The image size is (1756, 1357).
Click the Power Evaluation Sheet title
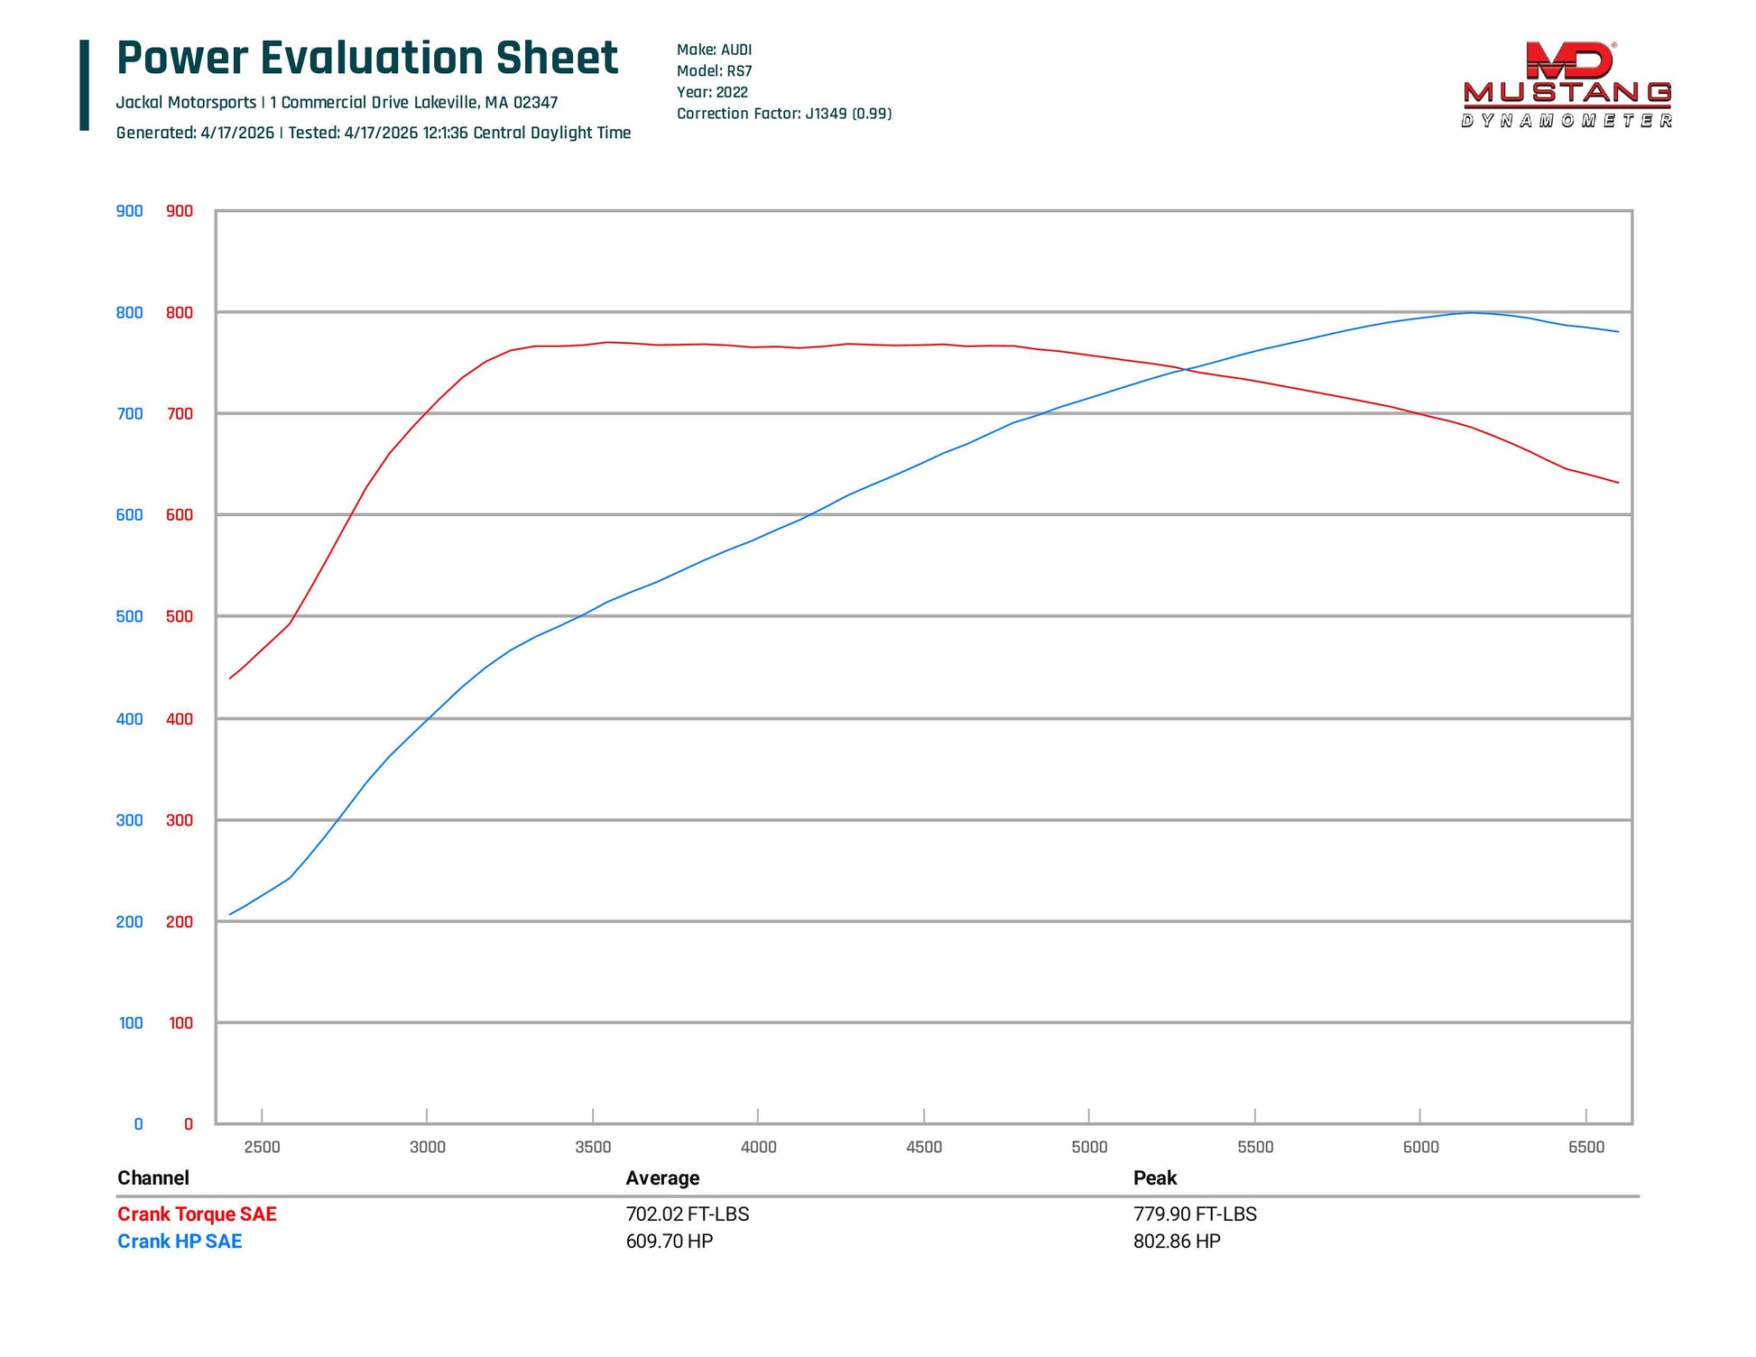pos(367,59)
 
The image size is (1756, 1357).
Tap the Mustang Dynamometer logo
pos(1567,85)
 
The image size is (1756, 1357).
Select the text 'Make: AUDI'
pos(714,50)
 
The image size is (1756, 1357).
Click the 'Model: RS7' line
pos(714,70)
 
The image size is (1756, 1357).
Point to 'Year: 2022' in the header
pos(712,92)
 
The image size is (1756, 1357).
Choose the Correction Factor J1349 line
pos(784,114)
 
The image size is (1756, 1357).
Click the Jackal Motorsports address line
pos(337,103)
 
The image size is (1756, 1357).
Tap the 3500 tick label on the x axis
pos(593,1147)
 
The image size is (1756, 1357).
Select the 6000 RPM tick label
pos(1420,1147)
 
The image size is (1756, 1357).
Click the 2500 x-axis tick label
pos(262,1147)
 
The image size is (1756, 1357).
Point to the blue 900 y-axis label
pos(129,211)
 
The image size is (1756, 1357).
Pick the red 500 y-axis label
pos(180,616)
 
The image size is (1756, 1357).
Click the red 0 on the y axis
pos(189,1124)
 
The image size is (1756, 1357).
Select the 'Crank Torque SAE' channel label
pos(197,1214)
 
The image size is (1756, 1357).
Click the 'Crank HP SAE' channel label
pos(180,1242)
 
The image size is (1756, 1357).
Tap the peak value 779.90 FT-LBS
pos(1195,1214)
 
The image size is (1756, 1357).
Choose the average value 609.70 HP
pos(669,1242)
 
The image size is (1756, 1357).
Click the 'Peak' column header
pos(1155,1177)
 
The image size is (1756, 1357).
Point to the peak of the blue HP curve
pos(1472,312)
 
